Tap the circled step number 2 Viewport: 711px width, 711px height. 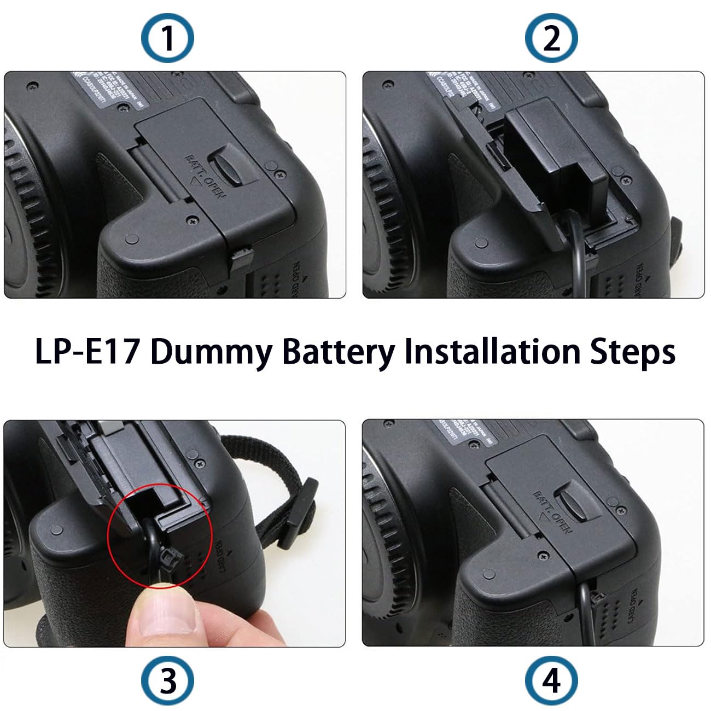tap(551, 39)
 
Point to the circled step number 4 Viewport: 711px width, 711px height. tap(551, 681)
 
